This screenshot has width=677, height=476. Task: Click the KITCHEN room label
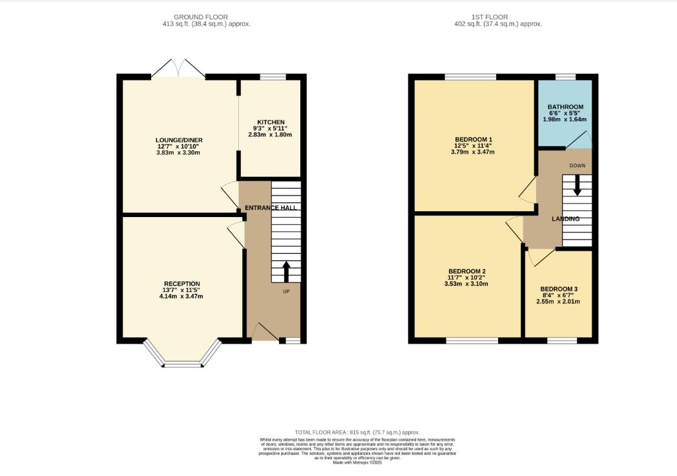pos(271,122)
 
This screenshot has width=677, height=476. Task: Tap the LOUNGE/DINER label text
pos(179,140)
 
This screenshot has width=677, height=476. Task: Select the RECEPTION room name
pos(182,284)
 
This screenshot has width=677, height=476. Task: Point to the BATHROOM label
pos(565,107)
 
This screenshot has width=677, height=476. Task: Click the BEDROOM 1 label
pos(474,140)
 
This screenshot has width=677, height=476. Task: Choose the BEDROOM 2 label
pos(467,271)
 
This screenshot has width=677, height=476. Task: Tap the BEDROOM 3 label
pos(559,289)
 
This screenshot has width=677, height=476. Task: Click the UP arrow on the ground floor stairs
pos(286,271)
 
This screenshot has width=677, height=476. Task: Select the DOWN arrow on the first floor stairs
pos(577,185)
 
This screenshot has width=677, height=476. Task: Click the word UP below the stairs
pos(286,292)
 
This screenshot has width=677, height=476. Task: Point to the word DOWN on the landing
pos(578,166)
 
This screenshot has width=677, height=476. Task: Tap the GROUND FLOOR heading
pos(201,17)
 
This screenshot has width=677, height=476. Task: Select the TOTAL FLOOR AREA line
pos(357,432)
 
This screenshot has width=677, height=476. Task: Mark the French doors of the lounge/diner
pos(178,68)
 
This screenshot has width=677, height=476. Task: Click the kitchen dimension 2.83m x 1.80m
pos(270,134)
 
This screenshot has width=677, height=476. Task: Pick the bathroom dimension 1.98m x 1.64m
pos(565,119)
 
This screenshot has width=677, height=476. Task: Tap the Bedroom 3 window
pos(562,341)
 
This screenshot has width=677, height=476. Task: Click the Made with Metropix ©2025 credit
pos(357,462)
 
